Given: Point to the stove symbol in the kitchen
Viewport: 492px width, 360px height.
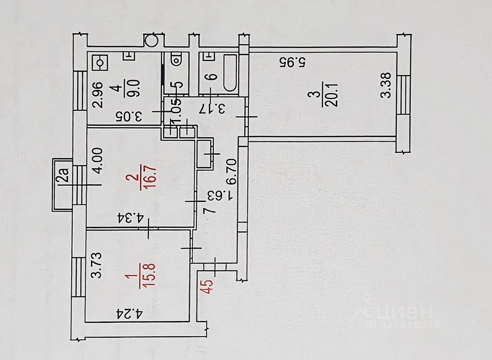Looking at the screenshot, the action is (99, 63).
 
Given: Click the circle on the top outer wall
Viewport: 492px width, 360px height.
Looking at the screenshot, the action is (151, 40).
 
